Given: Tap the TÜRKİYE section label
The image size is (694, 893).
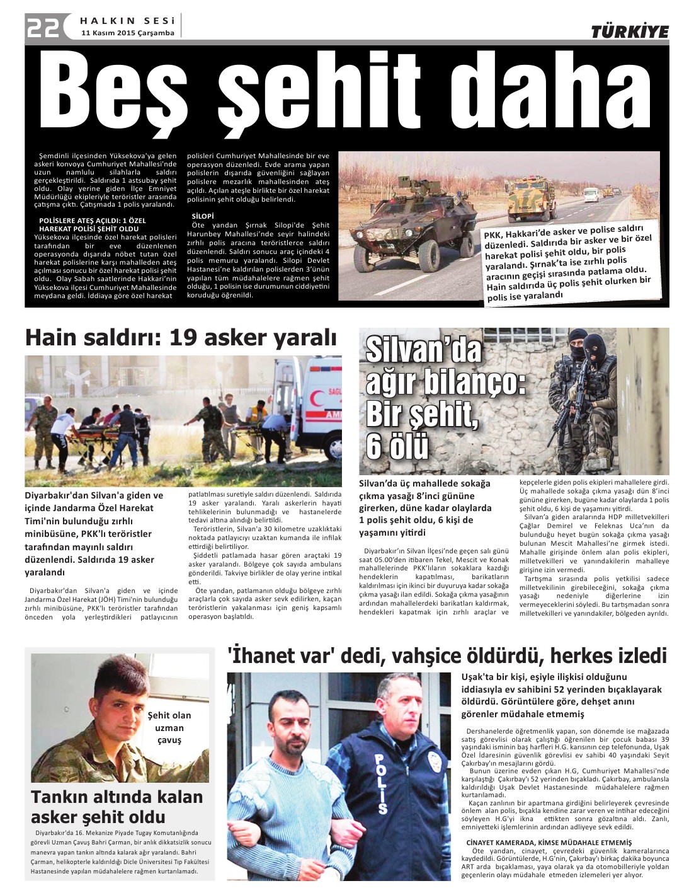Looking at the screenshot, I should pos(629,32).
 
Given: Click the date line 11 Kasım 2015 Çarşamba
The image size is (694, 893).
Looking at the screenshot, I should pos(128,33).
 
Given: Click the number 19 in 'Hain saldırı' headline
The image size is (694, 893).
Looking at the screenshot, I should pos(183,338).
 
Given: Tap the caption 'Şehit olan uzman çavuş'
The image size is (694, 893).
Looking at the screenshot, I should pos(169,727).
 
